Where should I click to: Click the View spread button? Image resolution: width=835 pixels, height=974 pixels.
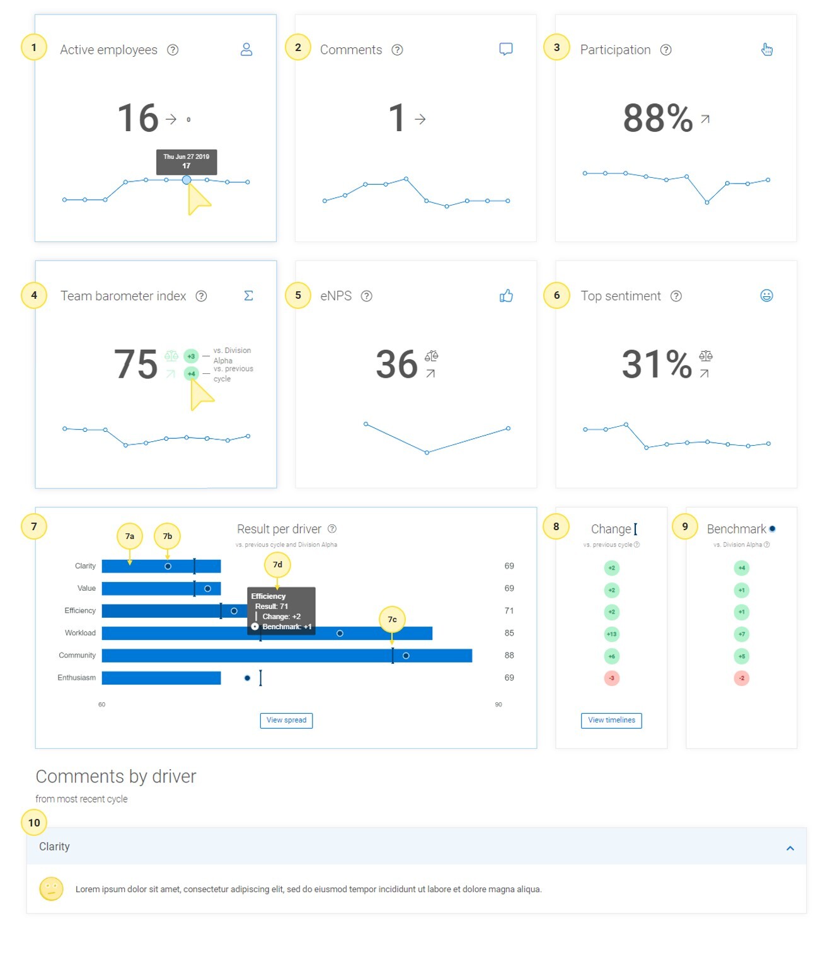tap(286, 720)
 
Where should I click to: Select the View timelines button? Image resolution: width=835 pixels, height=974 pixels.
tap(611, 720)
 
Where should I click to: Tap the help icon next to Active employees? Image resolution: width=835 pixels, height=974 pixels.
tap(173, 50)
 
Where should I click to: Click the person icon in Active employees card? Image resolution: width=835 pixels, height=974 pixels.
tap(246, 49)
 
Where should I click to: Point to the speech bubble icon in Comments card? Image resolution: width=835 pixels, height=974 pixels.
tap(505, 49)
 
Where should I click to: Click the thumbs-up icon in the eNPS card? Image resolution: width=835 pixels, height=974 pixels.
tap(506, 296)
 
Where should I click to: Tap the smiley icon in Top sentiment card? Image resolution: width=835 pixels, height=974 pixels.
tap(766, 296)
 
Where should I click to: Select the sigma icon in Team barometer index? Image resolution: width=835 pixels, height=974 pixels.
tap(248, 296)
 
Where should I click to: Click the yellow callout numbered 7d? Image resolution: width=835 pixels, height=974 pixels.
tap(277, 565)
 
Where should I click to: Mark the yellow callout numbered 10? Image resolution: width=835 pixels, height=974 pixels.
tap(34, 822)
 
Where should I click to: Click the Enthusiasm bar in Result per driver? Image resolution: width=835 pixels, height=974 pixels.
tap(161, 678)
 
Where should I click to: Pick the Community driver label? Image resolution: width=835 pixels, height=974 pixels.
tap(77, 656)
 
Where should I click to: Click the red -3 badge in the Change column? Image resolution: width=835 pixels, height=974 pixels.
tap(611, 678)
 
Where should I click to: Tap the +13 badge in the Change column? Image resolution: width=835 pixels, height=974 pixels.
tap(611, 634)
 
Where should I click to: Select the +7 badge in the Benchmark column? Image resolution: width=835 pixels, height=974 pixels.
tap(742, 634)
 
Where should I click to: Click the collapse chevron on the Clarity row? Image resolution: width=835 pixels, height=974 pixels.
tap(790, 849)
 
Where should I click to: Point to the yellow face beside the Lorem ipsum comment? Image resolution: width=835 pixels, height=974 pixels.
tap(52, 889)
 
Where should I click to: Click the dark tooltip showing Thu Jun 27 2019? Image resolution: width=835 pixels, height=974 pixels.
tap(187, 161)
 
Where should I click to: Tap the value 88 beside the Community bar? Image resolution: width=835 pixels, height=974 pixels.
tap(509, 656)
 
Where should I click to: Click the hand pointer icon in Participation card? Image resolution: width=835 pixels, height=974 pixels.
tap(766, 49)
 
